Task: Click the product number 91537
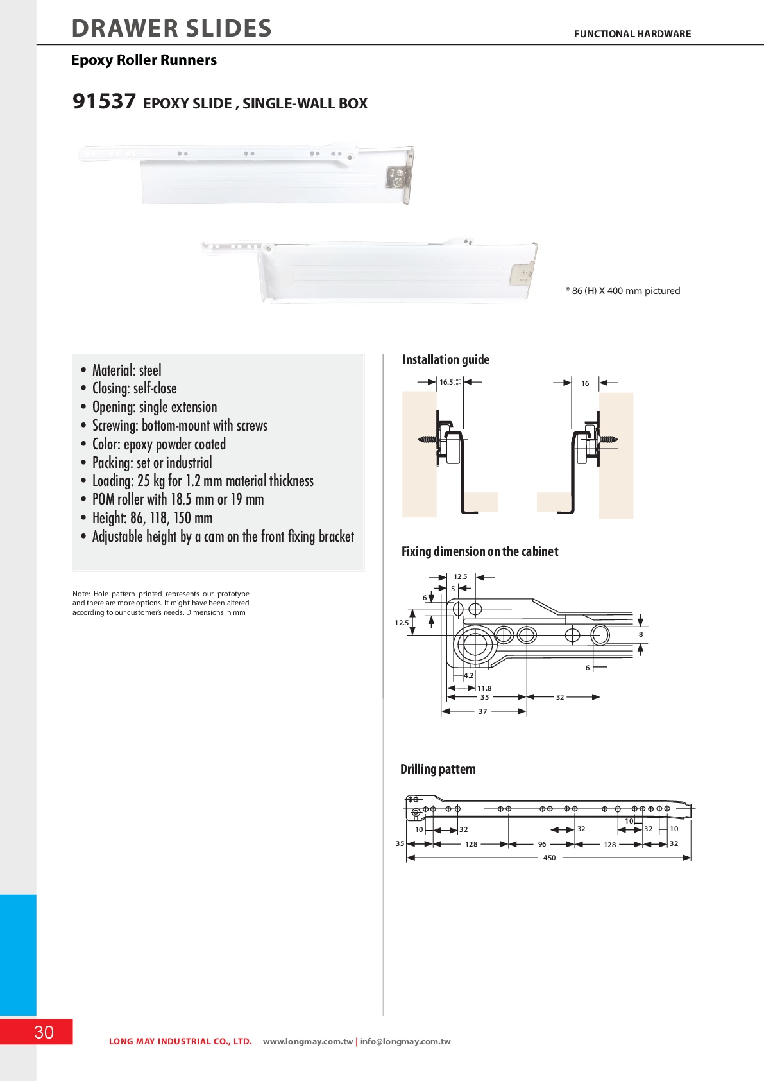(104, 101)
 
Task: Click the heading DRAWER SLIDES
(172, 28)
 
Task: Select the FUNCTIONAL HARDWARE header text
(632, 34)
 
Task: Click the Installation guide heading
(445, 359)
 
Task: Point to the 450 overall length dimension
(549, 858)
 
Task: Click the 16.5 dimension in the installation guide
(446, 382)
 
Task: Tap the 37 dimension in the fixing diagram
(482, 711)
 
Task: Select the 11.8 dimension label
(484, 688)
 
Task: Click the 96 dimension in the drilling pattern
(542, 844)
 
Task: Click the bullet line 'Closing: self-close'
(134, 388)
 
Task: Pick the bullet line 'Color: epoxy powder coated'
(158, 444)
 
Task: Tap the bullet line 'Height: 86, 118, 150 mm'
(152, 518)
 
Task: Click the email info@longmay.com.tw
(405, 1041)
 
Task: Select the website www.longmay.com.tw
(308, 1041)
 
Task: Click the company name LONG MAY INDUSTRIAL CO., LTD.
(180, 1041)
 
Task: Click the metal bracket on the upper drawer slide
(398, 178)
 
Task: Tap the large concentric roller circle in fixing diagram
(474, 643)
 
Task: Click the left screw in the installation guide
(427, 440)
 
